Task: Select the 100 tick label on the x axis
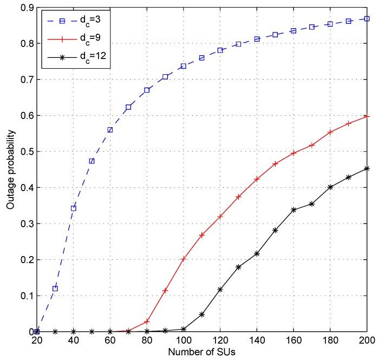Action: click(x=183, y=341)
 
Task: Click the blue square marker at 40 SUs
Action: click(x=73, y=208)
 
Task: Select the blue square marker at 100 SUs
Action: click(x=183, y=66)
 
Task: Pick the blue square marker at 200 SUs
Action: click(x=367, y=18)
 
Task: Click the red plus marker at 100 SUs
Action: click(x=183, y=259)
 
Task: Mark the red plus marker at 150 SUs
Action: click(x=275, y=163)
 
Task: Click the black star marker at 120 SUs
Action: click(x=220, y=290)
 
